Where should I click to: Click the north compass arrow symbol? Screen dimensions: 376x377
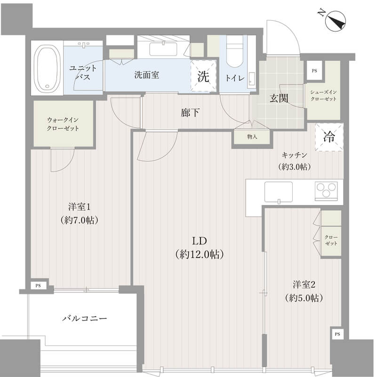pos(335,21)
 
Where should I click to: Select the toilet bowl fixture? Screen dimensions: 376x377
pos(234,51)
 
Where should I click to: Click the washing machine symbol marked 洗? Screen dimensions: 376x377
pos(203,76)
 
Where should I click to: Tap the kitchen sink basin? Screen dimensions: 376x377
pos(279,192)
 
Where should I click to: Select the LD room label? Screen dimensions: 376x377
pos(200,241)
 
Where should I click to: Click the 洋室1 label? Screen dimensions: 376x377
pos(79,206)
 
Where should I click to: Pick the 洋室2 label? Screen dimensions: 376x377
pos(304,285)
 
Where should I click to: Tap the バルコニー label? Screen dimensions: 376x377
pos(85,319)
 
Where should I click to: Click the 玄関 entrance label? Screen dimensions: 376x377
pos(279,98)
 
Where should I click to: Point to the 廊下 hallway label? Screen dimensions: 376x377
pos(190,112)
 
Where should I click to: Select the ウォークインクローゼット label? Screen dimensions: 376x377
pos(63,124)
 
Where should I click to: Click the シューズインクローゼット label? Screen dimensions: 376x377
pos(323,96)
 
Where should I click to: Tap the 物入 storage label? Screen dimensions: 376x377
pos(252,137)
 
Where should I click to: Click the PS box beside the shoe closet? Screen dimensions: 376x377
pos(314,71)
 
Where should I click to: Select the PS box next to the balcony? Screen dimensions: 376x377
pos(38,286)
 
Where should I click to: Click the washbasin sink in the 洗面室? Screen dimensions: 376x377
pos(163,49)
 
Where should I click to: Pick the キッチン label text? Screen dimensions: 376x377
pos(295,155)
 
